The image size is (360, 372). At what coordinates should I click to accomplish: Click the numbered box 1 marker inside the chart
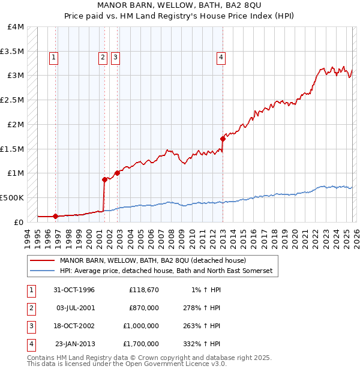(53, 58)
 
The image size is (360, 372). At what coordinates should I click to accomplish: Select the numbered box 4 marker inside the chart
(221, 58)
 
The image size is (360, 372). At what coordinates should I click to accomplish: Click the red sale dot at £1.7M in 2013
(223, 139)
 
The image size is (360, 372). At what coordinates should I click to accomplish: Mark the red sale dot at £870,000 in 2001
(104, 179)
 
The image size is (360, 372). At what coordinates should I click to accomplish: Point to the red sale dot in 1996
(56, 216)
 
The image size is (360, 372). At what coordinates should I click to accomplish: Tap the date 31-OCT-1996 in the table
(74, 290)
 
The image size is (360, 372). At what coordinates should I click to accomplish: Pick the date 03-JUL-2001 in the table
(74, 308)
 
